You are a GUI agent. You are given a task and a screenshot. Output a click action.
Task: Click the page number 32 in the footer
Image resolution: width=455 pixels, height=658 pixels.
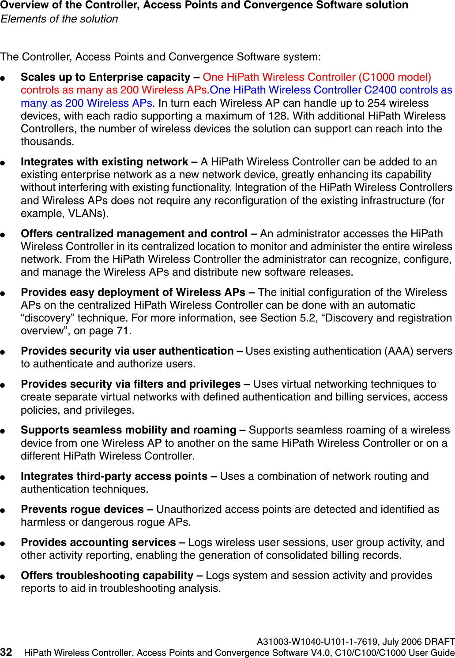[6, 652]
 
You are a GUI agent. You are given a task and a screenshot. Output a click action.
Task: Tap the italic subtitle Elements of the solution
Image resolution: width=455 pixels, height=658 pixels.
[60, 19]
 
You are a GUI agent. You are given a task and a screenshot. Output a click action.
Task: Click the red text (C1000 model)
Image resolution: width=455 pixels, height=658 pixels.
[395, 77]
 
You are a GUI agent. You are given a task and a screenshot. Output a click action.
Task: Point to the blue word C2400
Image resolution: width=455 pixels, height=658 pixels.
[380, 90]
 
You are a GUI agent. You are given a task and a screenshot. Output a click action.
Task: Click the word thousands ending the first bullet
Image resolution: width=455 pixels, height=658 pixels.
[47, 142]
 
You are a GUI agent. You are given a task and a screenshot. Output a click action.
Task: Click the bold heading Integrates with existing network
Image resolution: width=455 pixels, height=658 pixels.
[105, 162]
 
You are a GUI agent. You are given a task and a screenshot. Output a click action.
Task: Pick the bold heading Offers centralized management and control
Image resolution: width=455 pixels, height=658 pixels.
[134, 234]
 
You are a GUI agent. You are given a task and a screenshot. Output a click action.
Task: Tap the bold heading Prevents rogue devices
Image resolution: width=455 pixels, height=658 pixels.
[82, 509]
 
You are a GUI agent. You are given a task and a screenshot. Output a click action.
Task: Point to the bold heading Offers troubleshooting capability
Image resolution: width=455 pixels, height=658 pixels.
[107, 576]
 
